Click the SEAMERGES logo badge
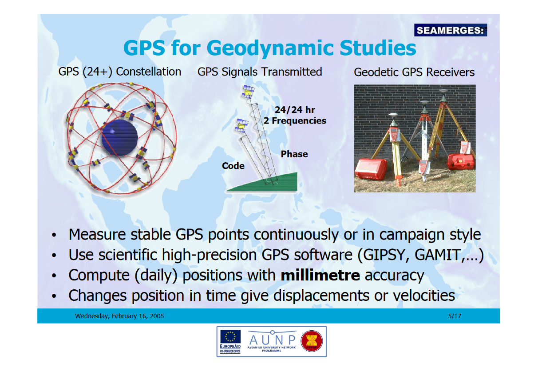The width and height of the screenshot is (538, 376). coord(451,30)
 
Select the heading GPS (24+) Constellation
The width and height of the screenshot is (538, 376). coord(120,72)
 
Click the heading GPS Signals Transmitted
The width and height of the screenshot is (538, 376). coord(260,72)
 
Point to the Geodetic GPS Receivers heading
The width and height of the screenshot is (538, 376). coord(414,72)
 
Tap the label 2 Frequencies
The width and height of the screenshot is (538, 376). coord(295,120)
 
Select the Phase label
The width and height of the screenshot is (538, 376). coord(294,154)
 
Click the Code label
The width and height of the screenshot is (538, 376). coord(233,166)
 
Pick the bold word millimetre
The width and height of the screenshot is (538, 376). coord(320,275)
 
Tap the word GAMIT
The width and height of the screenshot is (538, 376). coord(436,255)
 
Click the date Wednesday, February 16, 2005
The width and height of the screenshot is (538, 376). coord(119,316)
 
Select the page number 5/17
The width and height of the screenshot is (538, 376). coord(455,316)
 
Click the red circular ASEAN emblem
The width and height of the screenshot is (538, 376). coord(312,341)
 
